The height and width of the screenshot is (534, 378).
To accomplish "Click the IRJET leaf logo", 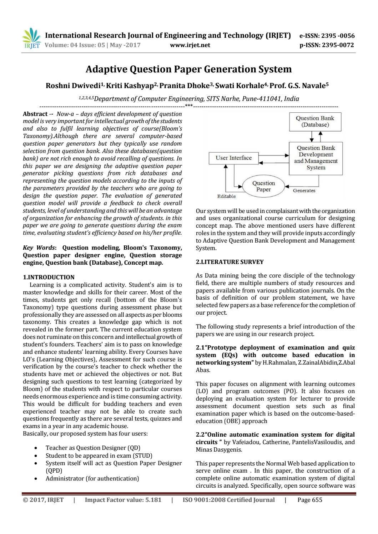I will (x=31, y=38).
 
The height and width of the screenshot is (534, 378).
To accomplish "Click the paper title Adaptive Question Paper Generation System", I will (x=188, y=69).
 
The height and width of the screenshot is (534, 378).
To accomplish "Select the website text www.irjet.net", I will (x=190, y=45).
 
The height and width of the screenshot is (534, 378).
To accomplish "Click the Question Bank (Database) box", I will (x=315, y=122).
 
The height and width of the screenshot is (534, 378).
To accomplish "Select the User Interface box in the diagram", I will (x=233, y=158).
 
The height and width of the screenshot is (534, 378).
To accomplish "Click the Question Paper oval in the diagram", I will (x=263, y=186).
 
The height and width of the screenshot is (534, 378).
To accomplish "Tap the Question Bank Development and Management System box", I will (x=316, y=158).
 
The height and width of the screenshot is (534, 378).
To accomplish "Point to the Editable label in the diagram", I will (x=226, y=197).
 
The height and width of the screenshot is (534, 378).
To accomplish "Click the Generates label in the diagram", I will (x=304, y=191).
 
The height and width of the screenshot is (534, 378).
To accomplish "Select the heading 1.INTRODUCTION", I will (x=49, y=277).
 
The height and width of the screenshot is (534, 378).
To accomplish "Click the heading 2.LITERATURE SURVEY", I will (x=230, y=262).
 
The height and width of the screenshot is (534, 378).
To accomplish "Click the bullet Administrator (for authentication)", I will (x=92, y=478).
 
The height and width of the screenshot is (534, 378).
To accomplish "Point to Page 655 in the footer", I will (x=309, y=500).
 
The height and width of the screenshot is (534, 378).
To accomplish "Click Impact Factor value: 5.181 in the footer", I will (x=123, y=500).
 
